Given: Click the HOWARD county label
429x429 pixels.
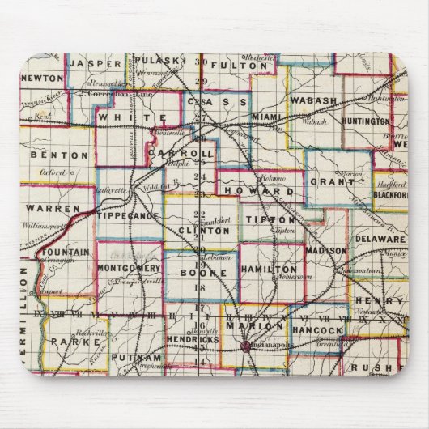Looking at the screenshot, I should pyautogui.click(x=265, y=192).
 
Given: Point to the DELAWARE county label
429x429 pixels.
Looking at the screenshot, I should pyautogui.click(x=379, y=240).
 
